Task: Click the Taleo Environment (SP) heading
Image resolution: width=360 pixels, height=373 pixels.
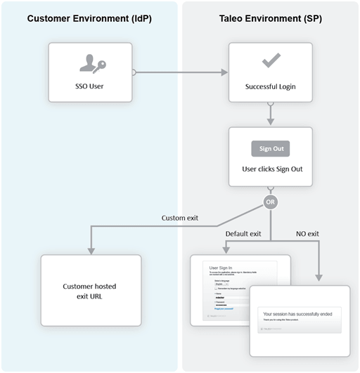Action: click(271, 18)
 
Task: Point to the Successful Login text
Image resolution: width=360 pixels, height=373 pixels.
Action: click(271, 87)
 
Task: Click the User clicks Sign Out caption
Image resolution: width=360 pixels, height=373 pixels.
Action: click(271, 169)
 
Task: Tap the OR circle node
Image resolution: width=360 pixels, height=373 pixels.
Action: click(271, 202)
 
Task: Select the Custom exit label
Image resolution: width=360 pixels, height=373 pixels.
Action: click(180, 218)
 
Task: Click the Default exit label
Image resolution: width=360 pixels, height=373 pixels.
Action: click(243, 233)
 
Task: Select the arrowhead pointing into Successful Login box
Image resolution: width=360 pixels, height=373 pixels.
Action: click(226, 72)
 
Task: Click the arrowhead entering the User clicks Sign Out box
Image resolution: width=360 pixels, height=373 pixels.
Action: click(271, 122)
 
